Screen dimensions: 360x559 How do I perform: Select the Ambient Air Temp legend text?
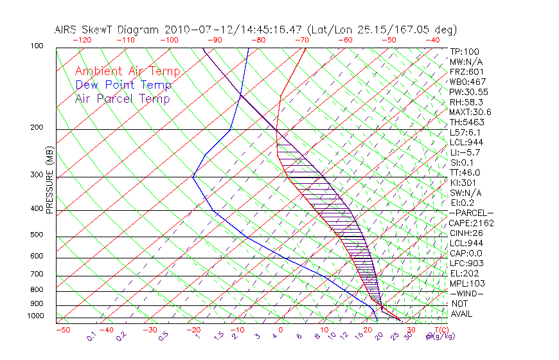[127, 71]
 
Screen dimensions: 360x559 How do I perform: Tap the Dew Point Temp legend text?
[123, 85]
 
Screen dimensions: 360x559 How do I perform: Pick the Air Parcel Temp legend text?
[123, 98]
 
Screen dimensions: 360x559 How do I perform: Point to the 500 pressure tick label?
[37, 235]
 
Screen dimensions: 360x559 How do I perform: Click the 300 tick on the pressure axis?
[37, 175]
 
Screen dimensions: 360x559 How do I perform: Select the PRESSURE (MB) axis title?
[49, 178]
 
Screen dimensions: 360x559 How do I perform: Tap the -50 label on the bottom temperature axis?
[62, 330]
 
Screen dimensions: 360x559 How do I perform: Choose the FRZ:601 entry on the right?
[466, 71]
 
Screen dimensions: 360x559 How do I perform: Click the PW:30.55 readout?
[469, 92]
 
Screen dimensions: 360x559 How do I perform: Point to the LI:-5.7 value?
[466, 152]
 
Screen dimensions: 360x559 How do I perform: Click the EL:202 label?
[465, 273]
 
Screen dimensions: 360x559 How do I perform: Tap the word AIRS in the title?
[67, 30]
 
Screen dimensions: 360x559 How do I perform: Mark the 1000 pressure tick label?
[35, 316]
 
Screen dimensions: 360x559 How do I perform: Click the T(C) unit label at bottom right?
[439, 330]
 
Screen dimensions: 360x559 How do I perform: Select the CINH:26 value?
[466, 233]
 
